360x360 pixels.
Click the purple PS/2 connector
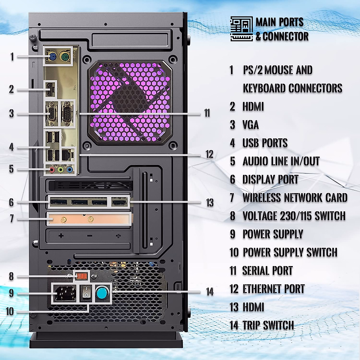[52, 56]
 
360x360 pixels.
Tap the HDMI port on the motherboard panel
[50, 89]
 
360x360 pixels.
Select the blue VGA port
[52, 114]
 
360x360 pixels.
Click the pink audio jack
[52, 170]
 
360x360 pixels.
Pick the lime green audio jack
[61, 170]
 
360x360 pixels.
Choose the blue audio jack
[70, 170]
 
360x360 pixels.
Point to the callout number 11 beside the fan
[207, 113]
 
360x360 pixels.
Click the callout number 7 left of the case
[12, 218]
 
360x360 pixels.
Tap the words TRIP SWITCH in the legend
[268, 325]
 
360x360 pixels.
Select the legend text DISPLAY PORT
[270, 179]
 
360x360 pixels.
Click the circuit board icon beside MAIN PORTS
[241, 29]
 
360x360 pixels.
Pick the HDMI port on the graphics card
[120, 202]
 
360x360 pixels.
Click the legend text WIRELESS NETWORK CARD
[295, 198]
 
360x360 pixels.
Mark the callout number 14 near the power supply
[210, 292]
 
